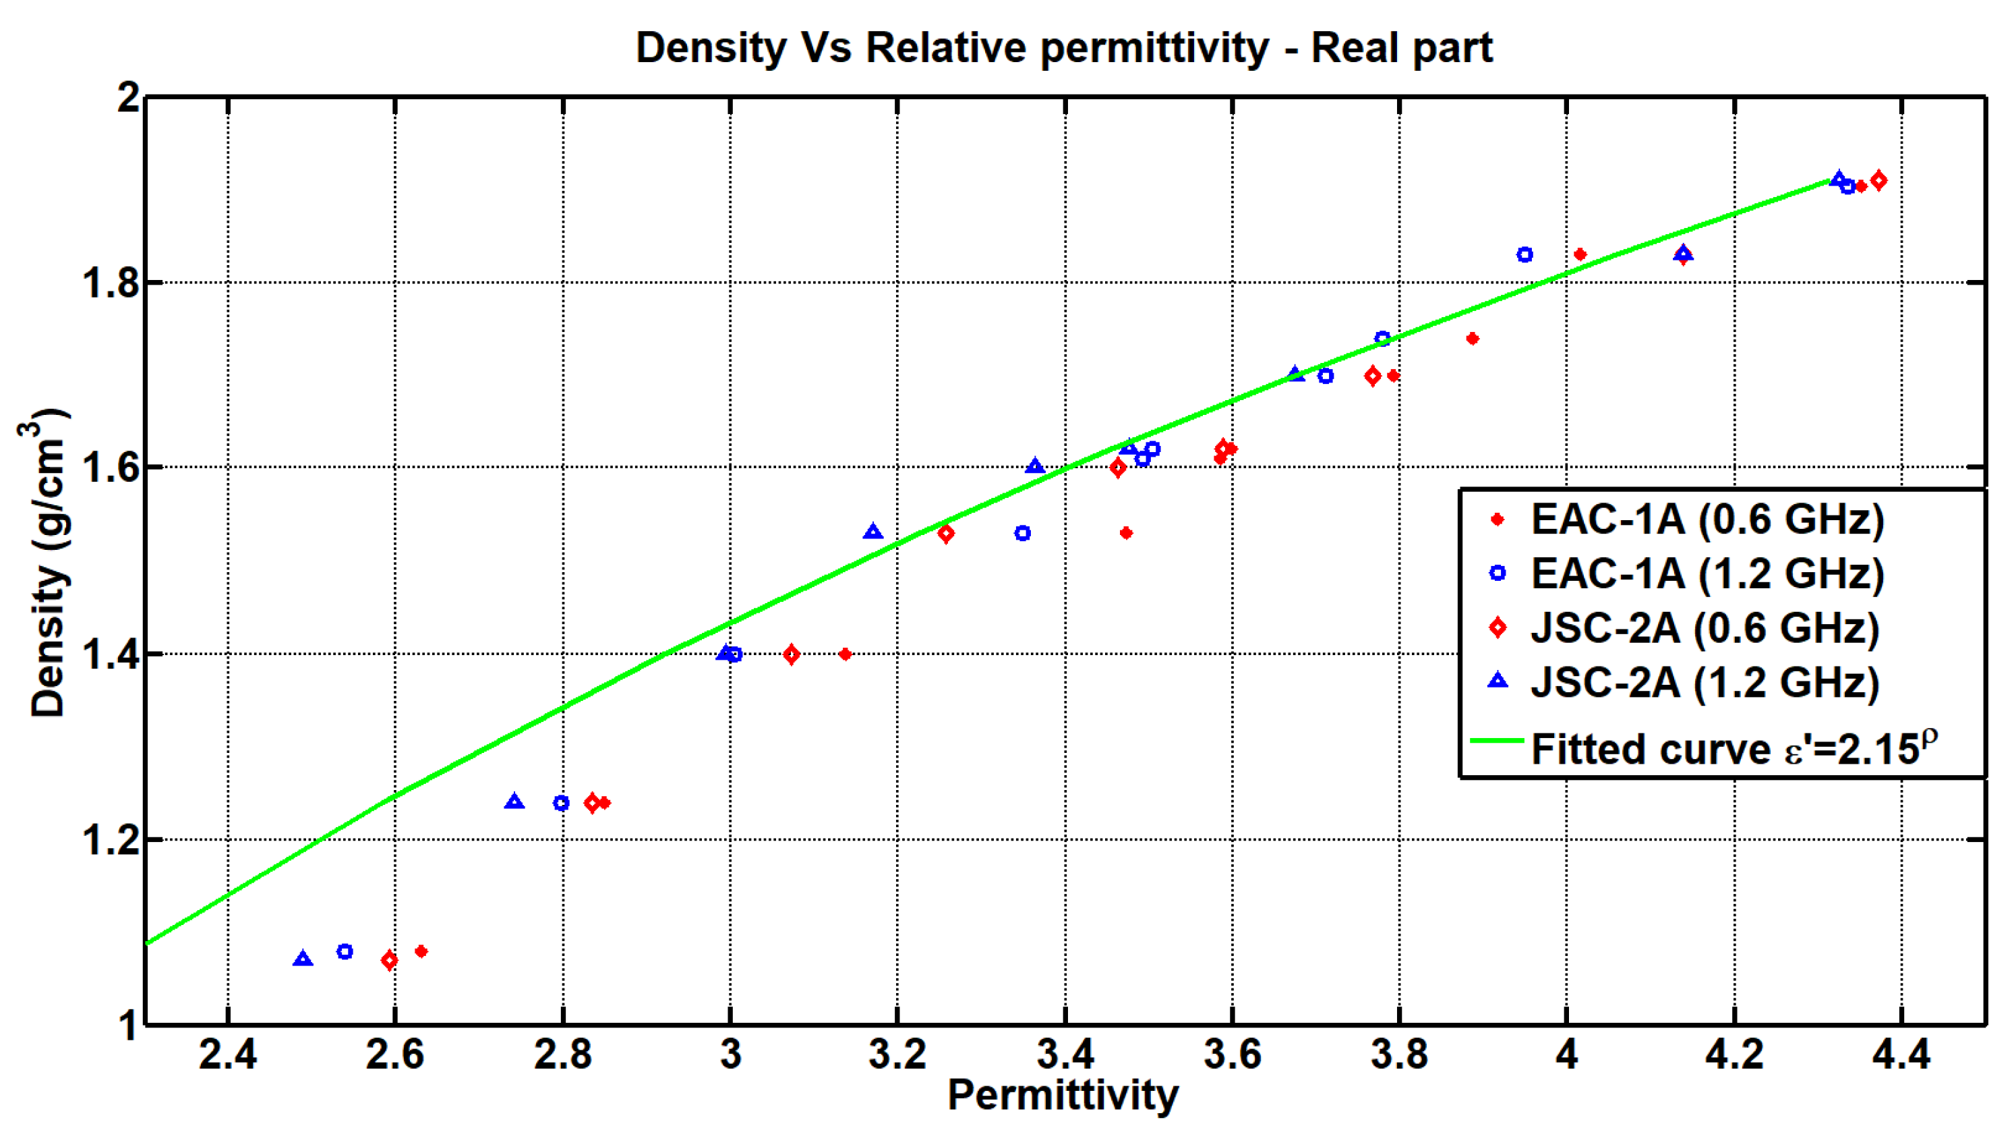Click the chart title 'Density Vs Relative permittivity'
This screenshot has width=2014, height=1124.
tap(1063, 49)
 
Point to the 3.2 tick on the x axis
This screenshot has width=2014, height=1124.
tap(897, 1055)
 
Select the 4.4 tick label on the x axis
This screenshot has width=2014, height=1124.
tap(1901, 1055)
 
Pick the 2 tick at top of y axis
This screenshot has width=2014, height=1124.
tap(129, 98)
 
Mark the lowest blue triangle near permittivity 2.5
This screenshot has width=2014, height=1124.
tap(303, 959)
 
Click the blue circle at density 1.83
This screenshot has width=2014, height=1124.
tap(1524, 255)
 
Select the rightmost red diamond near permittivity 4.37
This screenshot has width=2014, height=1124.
tap(1878, 181)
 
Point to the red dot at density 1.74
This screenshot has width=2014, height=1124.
tap(1472, 339)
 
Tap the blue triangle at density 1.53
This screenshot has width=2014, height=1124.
tap(873, 532)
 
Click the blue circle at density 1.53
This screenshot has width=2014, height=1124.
tap(1022, 534)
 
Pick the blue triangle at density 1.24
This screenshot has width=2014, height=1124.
tap(514, 802)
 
